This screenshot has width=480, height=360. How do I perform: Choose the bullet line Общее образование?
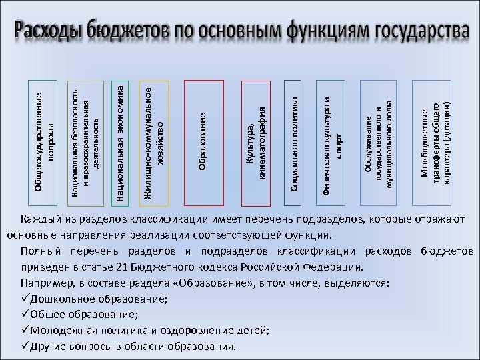(x=83, y=315)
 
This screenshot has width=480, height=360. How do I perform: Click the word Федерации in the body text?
(x=335, y=267)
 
